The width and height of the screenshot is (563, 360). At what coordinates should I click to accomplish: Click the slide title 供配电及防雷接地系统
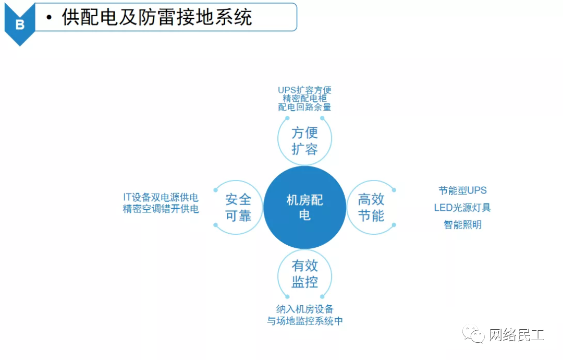157,18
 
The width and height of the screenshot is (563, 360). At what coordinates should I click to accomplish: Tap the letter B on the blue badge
20,25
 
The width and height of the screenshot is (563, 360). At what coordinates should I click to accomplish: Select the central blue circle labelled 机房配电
305,207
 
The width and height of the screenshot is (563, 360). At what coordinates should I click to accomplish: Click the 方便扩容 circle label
305,140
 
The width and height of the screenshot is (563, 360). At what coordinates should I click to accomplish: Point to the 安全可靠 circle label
238,207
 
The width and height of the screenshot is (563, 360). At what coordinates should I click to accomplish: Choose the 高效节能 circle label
371,207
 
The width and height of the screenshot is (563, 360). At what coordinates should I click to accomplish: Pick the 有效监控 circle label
305,274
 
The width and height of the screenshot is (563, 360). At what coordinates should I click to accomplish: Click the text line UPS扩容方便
304,90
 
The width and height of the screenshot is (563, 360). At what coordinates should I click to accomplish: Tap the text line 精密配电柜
304,99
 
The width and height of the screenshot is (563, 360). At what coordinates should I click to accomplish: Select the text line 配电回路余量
304,107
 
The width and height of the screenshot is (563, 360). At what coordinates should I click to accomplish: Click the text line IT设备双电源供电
161,198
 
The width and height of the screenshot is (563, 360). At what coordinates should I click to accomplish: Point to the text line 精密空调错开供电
161,209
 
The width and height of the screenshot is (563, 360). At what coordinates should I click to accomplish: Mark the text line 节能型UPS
462,190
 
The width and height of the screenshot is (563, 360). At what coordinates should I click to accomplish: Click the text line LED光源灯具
462,208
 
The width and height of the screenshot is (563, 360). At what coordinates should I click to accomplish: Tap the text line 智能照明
462,225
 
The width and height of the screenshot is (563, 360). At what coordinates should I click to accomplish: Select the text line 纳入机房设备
305,309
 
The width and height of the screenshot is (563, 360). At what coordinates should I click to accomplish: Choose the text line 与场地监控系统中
305,321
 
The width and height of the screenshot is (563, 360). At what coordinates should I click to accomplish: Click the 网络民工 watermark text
516,335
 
